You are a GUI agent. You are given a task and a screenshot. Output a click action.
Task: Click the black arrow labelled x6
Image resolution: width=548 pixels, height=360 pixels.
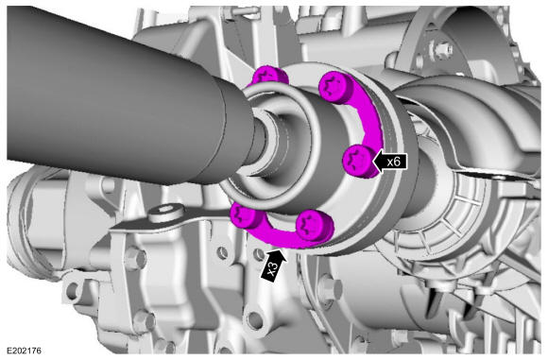tap(390, 162)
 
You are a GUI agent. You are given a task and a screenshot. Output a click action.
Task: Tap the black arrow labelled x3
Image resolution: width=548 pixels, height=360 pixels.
tap(274, 265)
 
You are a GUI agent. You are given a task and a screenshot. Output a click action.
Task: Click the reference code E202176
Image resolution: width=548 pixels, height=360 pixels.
tap(24, 351)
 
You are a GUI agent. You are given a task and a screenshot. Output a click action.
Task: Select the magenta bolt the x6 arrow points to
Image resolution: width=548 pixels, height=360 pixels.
tap(359, 163)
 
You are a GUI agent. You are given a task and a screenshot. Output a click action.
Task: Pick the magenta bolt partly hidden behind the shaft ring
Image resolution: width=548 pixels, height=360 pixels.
tap(270, 77)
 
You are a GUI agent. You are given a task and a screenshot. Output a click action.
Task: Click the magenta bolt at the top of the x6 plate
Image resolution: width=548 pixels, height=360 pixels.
tap(335, 86)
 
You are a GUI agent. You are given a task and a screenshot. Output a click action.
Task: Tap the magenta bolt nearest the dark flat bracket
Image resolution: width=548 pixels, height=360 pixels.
tap(245, 216)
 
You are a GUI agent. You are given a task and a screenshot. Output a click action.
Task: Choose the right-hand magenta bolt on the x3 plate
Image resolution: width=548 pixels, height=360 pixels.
tap(314, 226)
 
